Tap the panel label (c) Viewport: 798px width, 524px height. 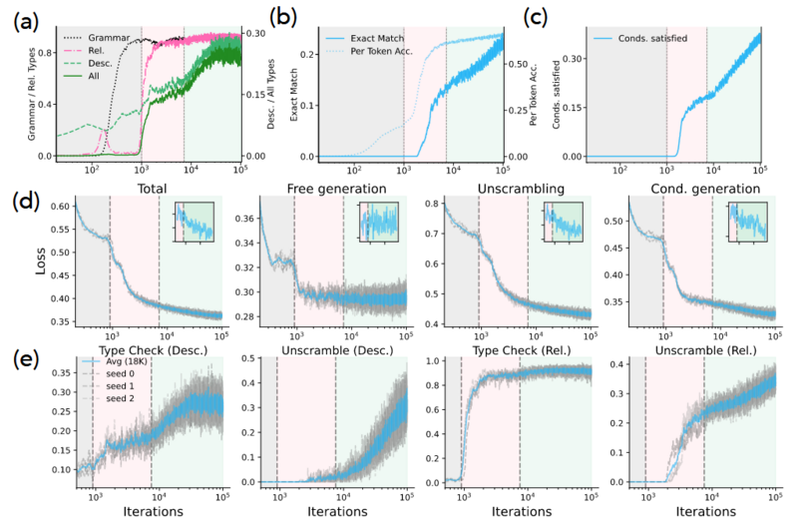(537, 17)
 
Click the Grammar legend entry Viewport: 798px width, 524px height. (107, 36)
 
